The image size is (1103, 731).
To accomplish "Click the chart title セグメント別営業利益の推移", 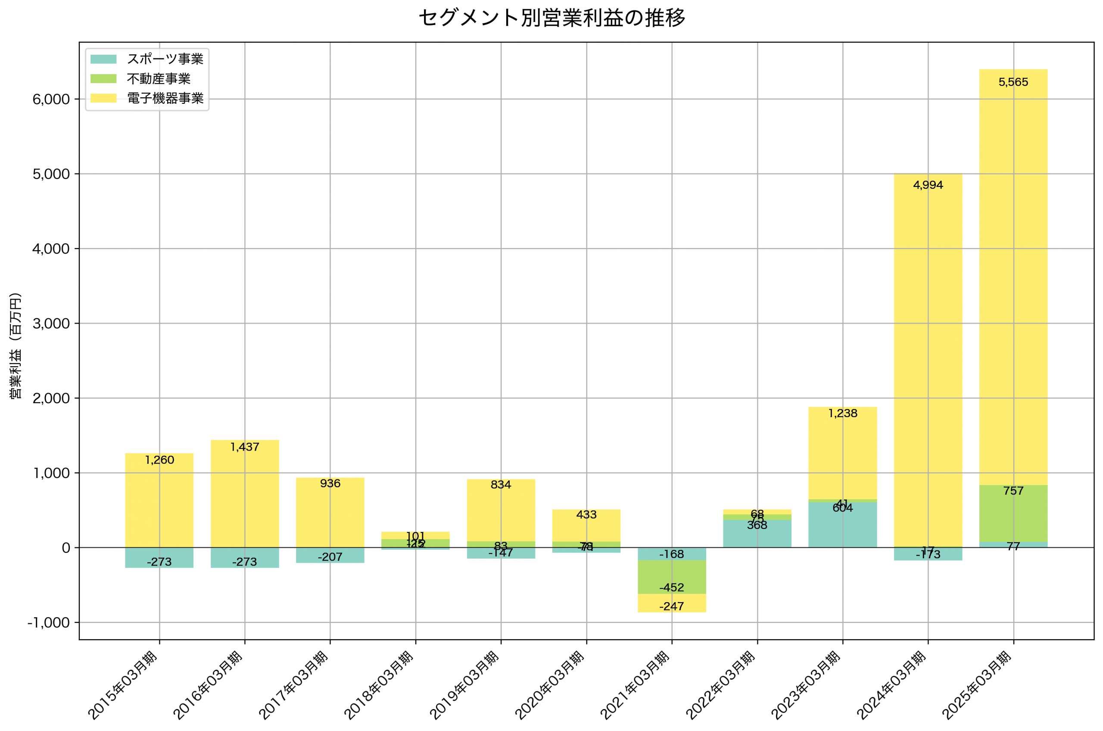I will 551,18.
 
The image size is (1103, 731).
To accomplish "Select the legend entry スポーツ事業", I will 165,59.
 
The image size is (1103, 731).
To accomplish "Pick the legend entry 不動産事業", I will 159,79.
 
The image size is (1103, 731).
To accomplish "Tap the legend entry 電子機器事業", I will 165,98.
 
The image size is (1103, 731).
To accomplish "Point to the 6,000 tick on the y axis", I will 51,100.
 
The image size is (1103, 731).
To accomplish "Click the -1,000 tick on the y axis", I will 49,623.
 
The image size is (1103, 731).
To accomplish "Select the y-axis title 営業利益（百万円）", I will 16,345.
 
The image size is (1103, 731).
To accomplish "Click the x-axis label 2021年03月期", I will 635,685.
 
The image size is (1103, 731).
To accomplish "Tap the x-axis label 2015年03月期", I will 123,685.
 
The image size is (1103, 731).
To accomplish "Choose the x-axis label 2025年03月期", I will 977,685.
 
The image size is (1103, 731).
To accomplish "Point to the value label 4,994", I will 928,185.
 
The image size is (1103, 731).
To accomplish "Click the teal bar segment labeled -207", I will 330,555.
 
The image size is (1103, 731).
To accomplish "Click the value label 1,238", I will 842,414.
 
